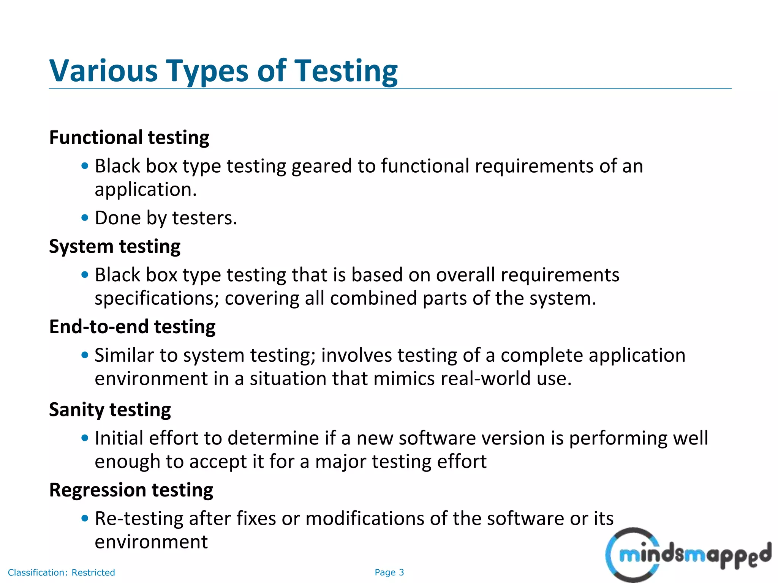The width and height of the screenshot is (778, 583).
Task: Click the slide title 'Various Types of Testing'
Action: (223, 71)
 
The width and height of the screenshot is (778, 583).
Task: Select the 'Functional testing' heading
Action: (129, 137)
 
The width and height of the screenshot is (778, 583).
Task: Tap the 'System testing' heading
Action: (115, 246)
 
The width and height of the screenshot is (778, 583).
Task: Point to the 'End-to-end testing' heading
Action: (132, 327)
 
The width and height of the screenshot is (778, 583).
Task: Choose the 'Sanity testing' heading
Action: (110, 410)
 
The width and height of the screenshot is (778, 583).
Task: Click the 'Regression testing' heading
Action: (131, 490)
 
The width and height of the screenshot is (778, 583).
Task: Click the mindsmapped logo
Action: (688, 555)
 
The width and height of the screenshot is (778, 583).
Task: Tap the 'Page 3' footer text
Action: (389, 572)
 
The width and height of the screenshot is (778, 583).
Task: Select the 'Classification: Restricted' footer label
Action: (61, 572)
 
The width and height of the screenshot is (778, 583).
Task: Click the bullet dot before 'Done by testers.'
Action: (85, 218)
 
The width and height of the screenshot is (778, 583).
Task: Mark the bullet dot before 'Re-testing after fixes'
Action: (85, 518)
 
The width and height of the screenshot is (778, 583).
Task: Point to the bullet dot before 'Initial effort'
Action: (85, 438)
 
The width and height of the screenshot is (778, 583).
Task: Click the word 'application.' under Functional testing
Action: (146, 190)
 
